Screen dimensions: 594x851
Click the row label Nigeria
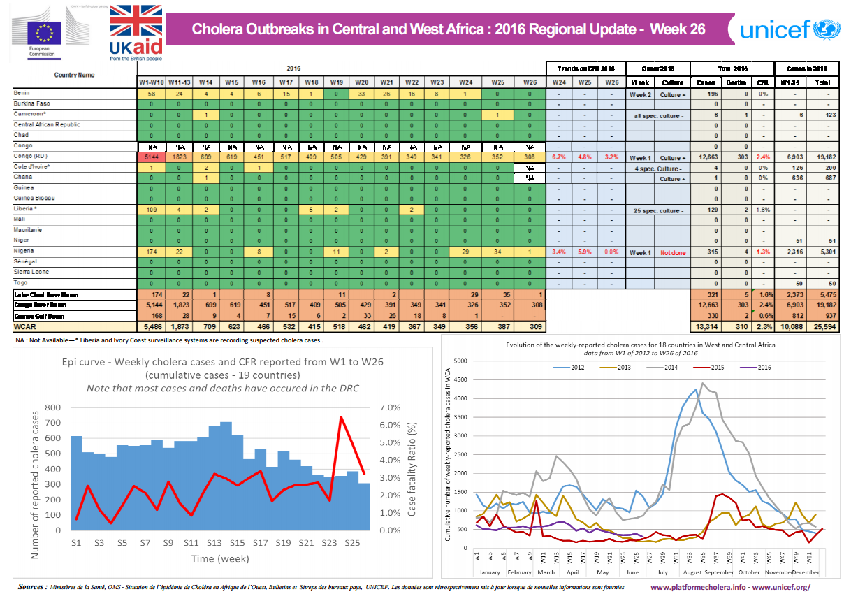tap(26, 250)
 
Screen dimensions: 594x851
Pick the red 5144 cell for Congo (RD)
tap(147, 157)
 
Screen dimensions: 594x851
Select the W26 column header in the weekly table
tap(530, 82)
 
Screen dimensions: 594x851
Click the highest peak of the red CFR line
tap(341, 416)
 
